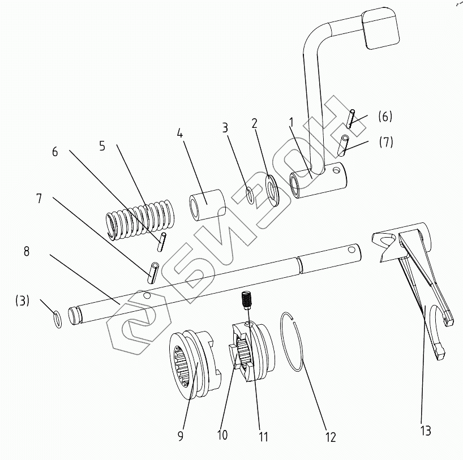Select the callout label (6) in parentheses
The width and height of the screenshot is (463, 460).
(384, 117)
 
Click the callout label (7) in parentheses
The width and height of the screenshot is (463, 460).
(385, 141)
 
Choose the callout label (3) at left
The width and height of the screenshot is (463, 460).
(22, 300)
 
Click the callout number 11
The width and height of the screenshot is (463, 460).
(263, 436)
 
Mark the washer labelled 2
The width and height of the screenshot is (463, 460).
(272, 191)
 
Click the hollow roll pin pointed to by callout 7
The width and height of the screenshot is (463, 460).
(153, 272)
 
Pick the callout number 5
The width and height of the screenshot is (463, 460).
(102, 145)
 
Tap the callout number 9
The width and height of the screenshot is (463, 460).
(180, 436)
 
